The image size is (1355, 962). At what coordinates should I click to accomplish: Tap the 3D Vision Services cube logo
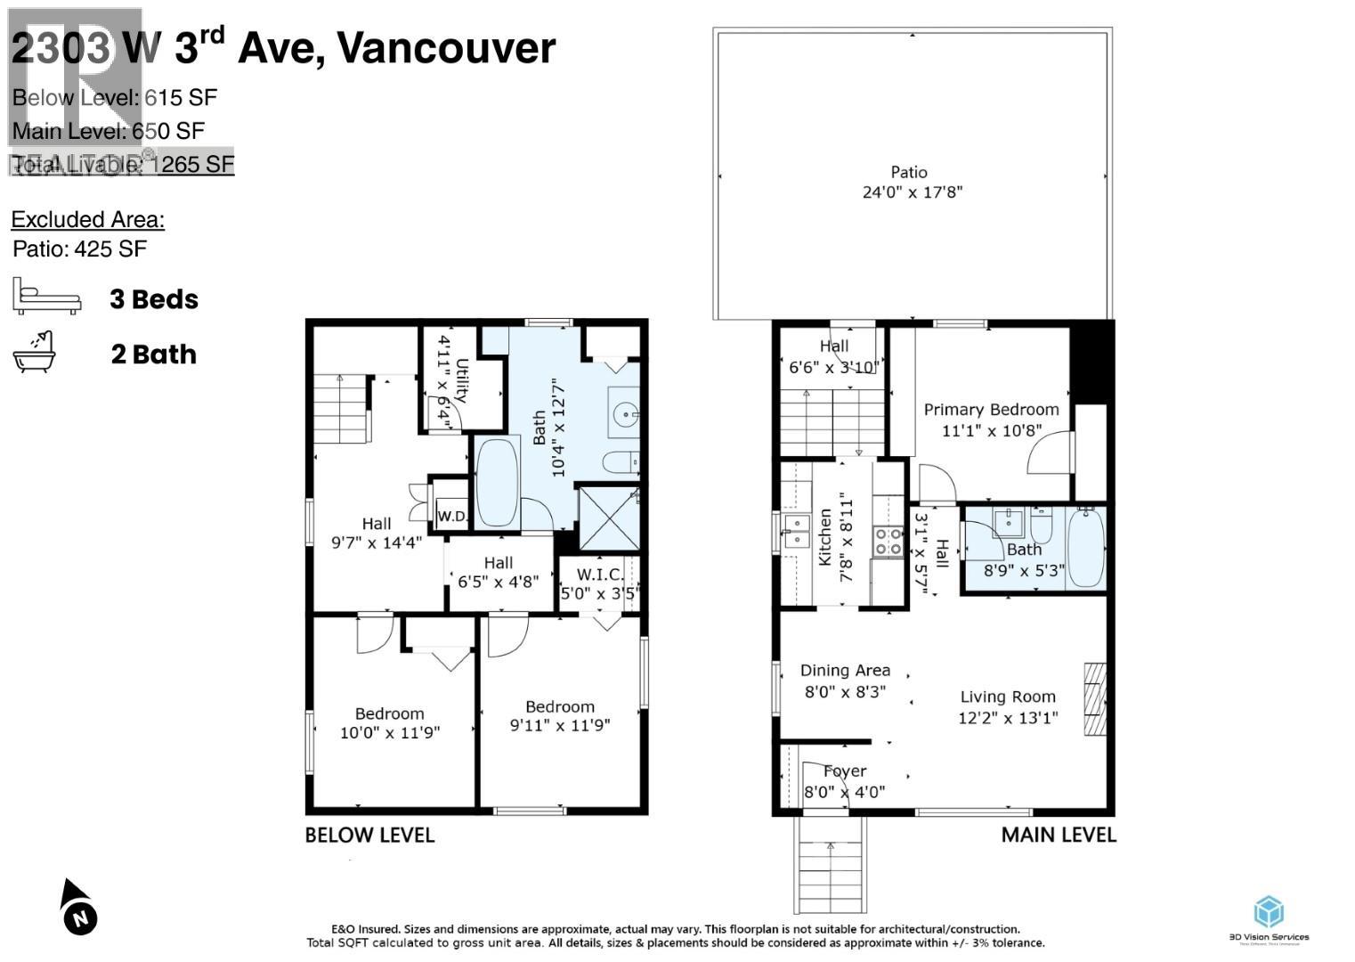[x=1269, y=912]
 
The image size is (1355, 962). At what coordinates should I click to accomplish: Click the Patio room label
[x=909, y=173]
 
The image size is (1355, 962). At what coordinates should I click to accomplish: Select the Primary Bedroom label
[x=991, y=410]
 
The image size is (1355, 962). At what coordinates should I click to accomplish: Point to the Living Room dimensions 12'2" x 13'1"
[x=1008, y=718]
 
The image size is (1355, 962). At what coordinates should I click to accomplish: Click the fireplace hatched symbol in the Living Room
[x=1094, y=698]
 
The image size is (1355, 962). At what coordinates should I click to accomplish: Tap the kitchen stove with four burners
[x=888, y=541]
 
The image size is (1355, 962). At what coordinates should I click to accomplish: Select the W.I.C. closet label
[x=600, y=575]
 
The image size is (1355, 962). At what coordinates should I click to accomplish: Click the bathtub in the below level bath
[x=497, y=482]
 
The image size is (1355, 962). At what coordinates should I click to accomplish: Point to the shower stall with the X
[x=609, y=518]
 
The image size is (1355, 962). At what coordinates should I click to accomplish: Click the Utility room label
[x=462, y=380]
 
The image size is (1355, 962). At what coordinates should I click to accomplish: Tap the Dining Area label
[x=845, y=671]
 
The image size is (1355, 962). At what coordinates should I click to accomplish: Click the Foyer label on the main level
[x=845, y=771]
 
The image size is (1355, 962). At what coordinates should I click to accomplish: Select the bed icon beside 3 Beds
[x=46, y=297]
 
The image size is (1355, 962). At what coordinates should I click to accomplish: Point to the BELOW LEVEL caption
[x=369, y=836]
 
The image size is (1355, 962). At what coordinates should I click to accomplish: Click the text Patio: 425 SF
[x=79, y=249]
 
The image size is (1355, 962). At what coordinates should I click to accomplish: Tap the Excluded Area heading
[x=87, y=219]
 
